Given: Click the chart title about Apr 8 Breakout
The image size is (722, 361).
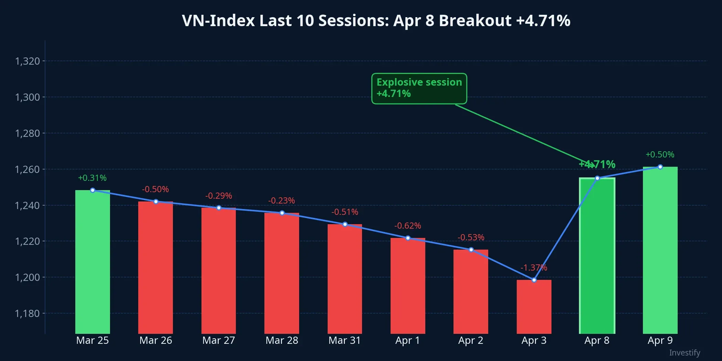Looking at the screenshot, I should pos(376,21).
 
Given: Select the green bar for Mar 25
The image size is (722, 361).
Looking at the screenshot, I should pos(92,261).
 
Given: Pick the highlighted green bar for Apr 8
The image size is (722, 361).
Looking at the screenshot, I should pos(597,256).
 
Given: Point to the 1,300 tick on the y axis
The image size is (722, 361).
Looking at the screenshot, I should pos(28,97).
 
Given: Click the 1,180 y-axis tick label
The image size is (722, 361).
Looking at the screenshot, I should pos(28,314).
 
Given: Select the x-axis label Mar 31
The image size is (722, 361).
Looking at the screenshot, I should pos(344,340).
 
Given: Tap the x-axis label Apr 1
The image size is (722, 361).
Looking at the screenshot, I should pos(407,340).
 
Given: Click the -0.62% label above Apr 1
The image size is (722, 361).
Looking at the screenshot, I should pos(407,226).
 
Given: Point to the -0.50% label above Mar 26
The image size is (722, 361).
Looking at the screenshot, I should pos(155,189).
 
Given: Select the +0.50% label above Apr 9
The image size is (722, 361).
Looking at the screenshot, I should pos(660,155).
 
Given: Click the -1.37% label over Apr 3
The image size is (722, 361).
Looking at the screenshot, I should pos(534,267).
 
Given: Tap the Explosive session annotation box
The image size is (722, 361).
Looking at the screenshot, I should pos(419,88).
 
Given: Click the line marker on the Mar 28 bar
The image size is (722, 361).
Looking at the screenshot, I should pos(282,213).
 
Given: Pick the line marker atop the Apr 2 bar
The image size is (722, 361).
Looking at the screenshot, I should pos(471,250).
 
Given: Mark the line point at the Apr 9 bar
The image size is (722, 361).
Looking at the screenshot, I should pos(660,167).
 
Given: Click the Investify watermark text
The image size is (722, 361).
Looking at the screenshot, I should pos(685,353).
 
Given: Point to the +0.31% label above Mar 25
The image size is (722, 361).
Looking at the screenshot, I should pos(92,178).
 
